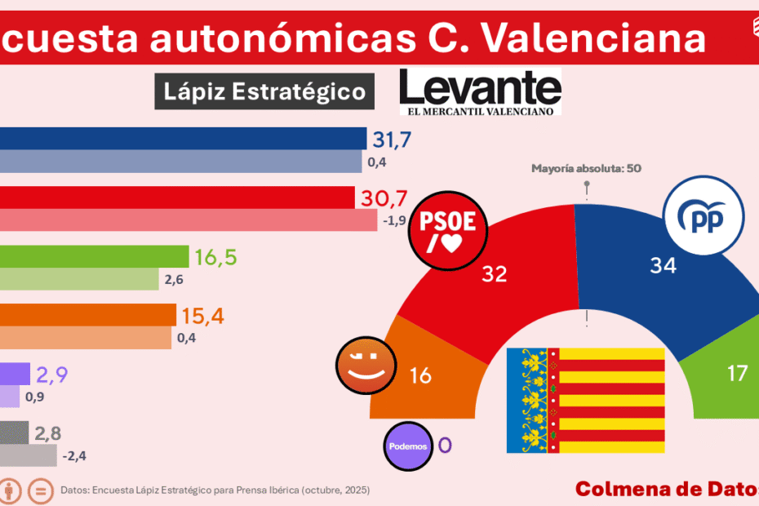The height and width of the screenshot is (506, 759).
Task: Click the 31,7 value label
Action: pyautogui.click(x=392, y=139)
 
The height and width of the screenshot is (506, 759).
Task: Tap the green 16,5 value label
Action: pyautogui.click(x=215, y=257)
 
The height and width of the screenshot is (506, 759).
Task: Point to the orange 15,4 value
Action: pyautogui.click(x=202, y=315)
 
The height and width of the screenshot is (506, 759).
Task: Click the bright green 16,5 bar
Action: pyautogui.click(x=93, y=256)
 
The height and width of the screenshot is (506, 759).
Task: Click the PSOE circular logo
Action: pyautogui.click(x=453, y=229)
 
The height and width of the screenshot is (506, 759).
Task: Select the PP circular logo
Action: pyautogui.click(x=703, y=218)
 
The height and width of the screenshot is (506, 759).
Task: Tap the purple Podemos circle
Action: pyautogui.click(x=408, y=446)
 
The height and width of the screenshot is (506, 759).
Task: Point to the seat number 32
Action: pyautogui.click(x=495, y=274)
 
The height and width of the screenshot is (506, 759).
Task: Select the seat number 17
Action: pyautogui.click(x=737, y=373)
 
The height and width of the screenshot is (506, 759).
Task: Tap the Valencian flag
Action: pyautogui.click(x=586, y=401)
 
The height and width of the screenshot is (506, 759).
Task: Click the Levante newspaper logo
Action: pyautogui.click(x=480, y=92)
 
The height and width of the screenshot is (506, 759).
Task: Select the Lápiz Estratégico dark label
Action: pyautogui.click(x=264, y=91)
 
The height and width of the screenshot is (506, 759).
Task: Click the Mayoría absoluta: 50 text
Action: pyautogui.click(x=586, y=169)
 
